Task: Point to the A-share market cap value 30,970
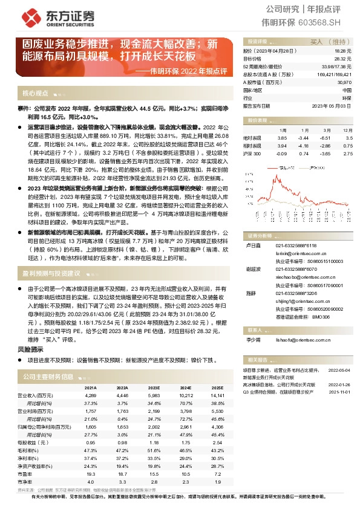click(x=344, y=82)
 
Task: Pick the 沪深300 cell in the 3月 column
click(x=326, y=154)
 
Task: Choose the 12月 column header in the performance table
click(x=347, y=130)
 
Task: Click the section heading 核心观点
click(x=35, y=94)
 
